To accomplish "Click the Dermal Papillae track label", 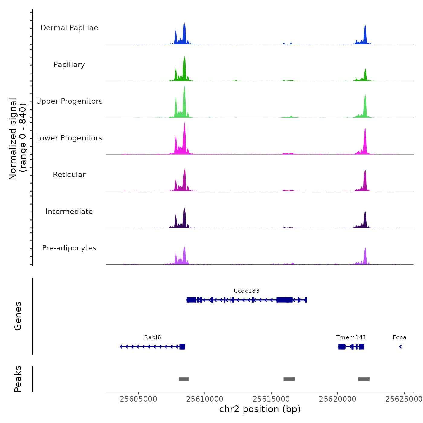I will pos(69,28).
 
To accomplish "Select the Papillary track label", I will pos(69,65).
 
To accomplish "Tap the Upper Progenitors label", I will pos(69,101).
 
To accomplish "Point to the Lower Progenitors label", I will pos(69,138).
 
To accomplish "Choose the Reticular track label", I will pos(69,175).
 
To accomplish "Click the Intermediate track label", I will pos(69,211).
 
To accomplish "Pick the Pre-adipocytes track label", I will pos(69,248).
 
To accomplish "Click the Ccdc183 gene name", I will pos(247,291).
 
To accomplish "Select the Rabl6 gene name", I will pos(153,337).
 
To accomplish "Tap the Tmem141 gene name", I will pos(351,337).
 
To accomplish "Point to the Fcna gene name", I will pos(399,337).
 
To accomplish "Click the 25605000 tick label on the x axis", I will pos(138,399).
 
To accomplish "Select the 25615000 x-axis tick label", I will pos(271,399).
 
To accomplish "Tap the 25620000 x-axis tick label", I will pos(337,399).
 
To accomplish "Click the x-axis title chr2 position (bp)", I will pos(260,409).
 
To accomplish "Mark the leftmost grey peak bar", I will pos(183,379).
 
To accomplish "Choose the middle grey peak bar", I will pos(289,379).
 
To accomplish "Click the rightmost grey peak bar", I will pos(364,379).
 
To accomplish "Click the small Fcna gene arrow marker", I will pos(400,347).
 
